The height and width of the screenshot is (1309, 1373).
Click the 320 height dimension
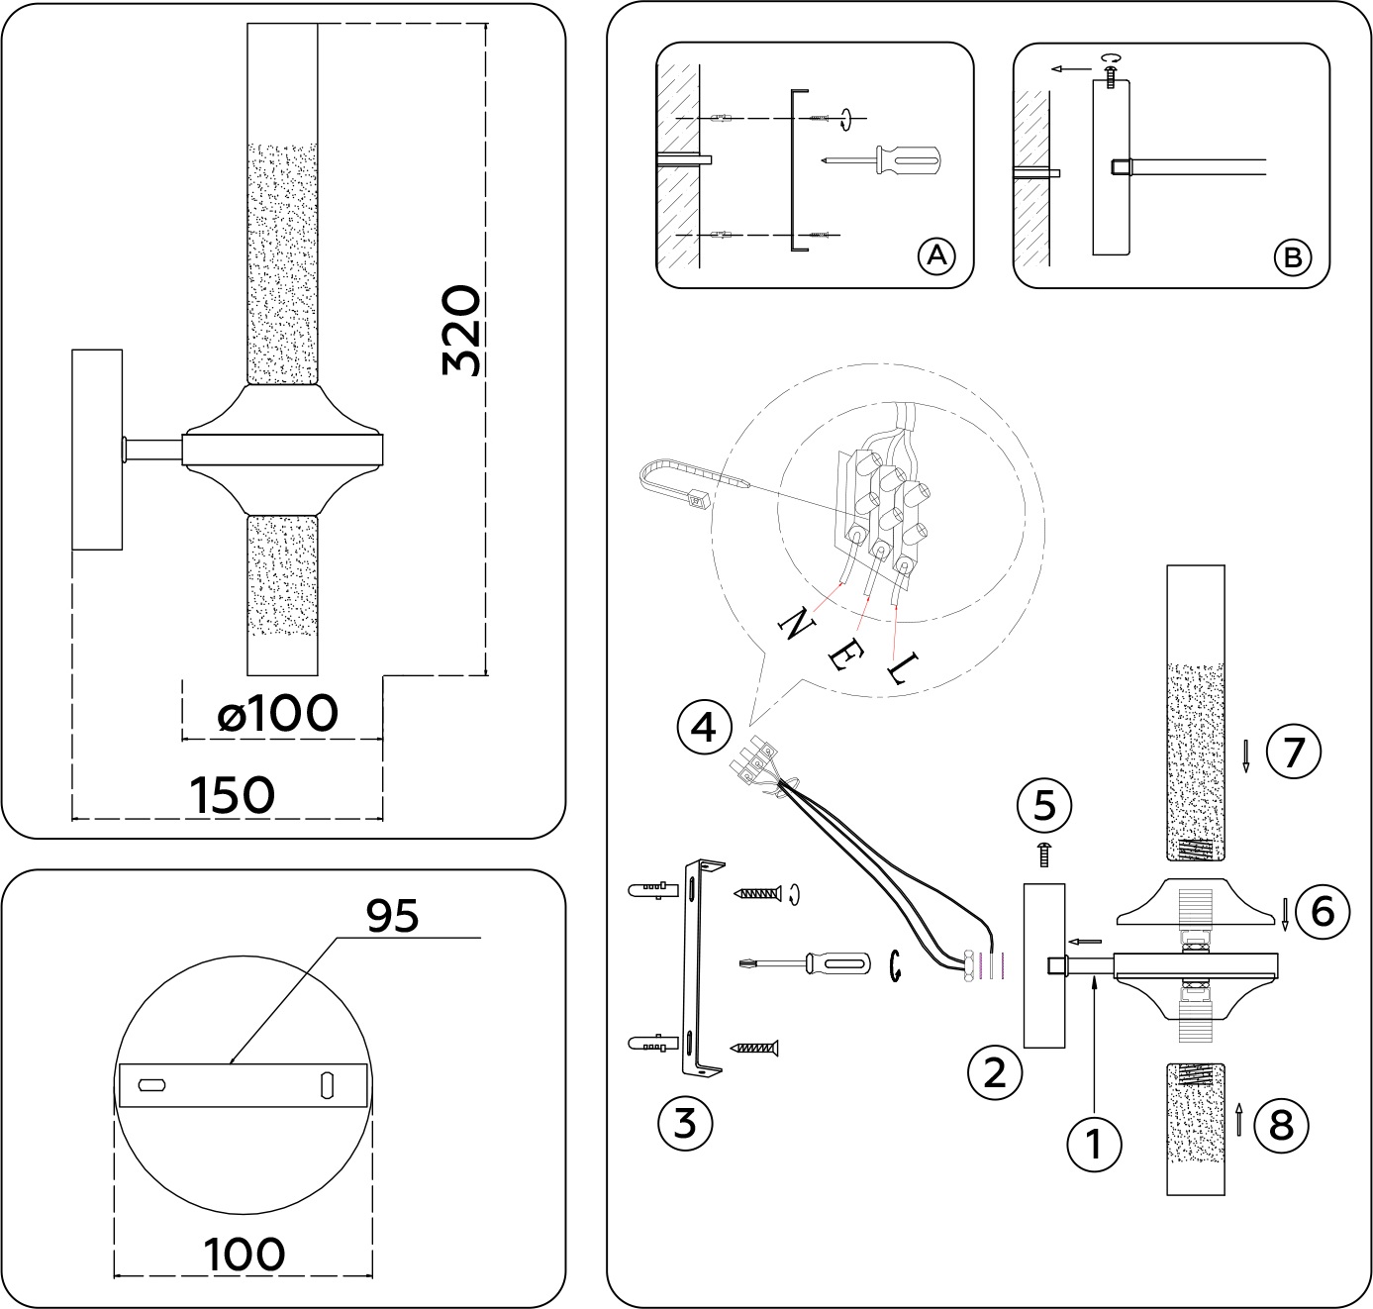pyautogui.click(x=461, y=331)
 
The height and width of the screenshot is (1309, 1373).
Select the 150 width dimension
pyautogui.click(x=231, y=794)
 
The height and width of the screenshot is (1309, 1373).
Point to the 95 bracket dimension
pyautogui.click(x=393, y=916)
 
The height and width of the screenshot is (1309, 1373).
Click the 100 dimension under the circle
pyautogui.click(x=245, y=1255)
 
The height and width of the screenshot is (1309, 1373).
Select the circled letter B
pyautogui.click(x=1291, y=257)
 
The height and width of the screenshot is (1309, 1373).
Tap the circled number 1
pyautogui.click(x=1094, y=1144)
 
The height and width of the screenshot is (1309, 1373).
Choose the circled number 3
pyautogui.click(x=685, y=1123)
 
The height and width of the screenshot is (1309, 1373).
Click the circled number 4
pyautogui.click(x=703, y=729)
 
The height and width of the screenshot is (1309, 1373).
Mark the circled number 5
pyautogui.click(x=1045, y=805)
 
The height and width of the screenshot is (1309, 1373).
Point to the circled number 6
pyautogui.click(x=1323, y=911)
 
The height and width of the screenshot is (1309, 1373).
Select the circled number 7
pyautogui.click(x=1293, y=753)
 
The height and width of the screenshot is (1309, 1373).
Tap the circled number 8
pyautogui.click(x=1280, y=1125)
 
